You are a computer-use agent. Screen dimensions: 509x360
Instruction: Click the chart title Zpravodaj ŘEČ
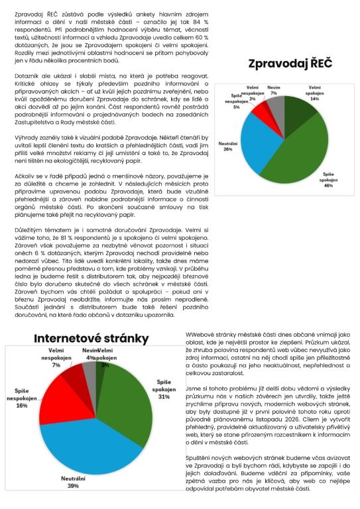(x=290, y=64)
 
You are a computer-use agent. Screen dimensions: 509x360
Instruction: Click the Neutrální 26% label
(x=228, y=146)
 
